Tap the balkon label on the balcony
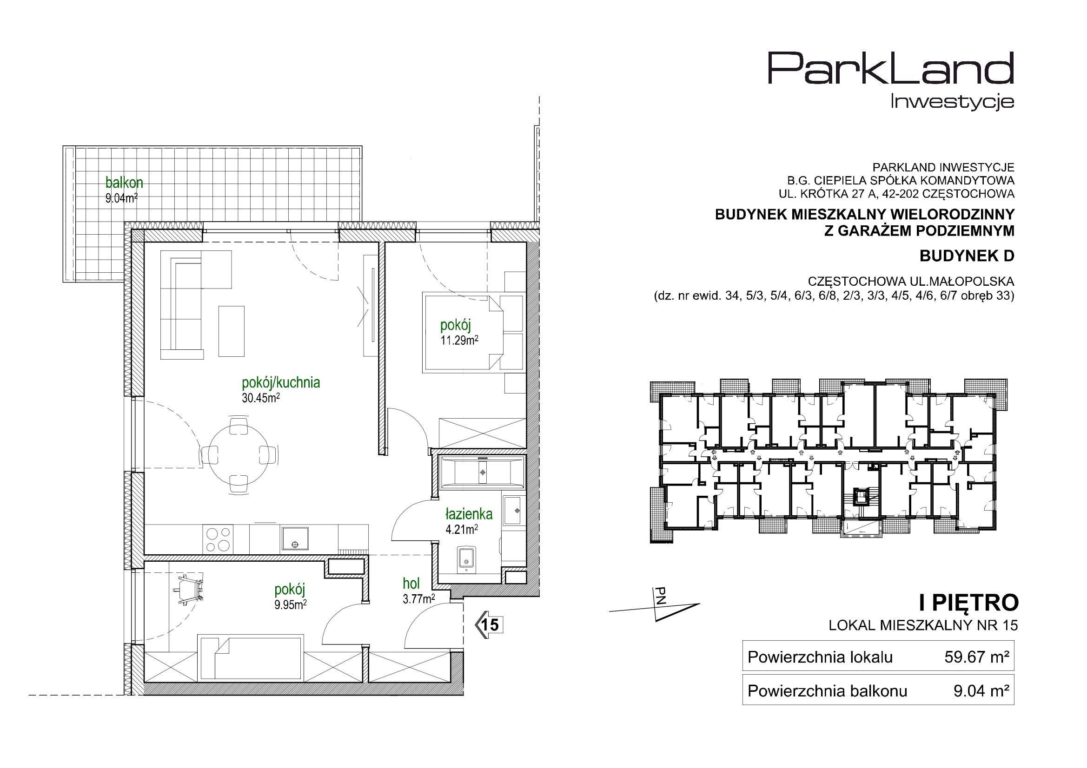click(x=124, y=183)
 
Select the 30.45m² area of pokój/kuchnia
click(x=260, y=398)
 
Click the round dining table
click(x=239, y=454)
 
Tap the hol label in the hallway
click(x=411, y=584)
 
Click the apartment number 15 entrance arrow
click(x=489, y=625)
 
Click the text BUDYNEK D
click(x=967, y=256)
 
